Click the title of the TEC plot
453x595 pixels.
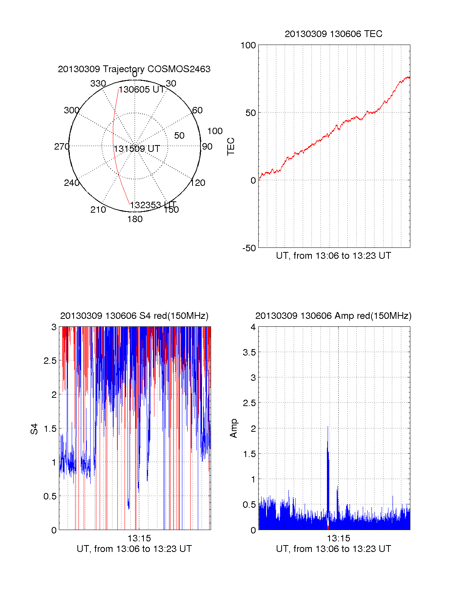point(333,34)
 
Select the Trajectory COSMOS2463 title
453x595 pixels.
point(134,69)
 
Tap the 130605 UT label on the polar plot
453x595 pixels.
point(142,90)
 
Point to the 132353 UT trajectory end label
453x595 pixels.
point(153,205)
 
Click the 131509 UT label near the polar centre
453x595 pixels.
point(137,149)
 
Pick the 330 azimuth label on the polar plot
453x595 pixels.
point(98,83)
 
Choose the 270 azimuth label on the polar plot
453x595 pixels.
point(62,147)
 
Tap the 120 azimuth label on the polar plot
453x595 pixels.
point(198,183)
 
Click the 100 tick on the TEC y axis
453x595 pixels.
point(248,45)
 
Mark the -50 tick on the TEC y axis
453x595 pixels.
point(249,248)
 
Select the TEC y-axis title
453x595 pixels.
point(231,147)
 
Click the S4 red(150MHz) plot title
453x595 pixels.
point(134,316)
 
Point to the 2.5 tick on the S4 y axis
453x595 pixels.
point(50,361)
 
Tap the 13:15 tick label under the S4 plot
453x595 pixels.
point(139,538)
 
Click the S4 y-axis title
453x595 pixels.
point(35,429)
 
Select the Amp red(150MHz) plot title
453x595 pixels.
point(333,316)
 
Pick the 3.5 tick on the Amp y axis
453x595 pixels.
point(249,352)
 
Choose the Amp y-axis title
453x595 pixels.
point(234,428)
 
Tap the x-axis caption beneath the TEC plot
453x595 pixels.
point(333,256)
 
